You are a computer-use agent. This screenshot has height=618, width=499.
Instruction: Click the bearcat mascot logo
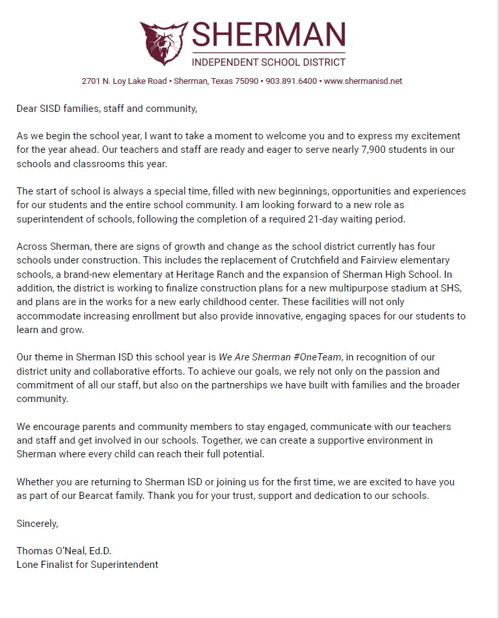tap(164, 43)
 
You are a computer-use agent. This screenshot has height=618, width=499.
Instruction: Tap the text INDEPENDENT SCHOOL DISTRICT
tap(268, 62)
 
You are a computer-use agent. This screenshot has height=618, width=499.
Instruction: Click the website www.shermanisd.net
tap(363, 81)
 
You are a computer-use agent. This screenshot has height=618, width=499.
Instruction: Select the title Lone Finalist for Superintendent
tap(87, 565)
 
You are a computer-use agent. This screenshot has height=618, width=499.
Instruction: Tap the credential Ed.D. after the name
tap(106, 551)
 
